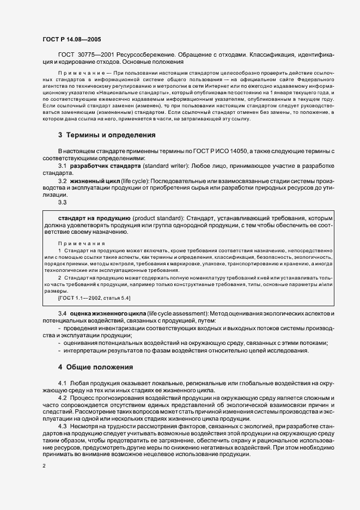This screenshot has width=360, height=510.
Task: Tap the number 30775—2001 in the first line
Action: [x=96, y=55]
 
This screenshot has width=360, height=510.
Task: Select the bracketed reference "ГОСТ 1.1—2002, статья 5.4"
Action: [x=94, y=298]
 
